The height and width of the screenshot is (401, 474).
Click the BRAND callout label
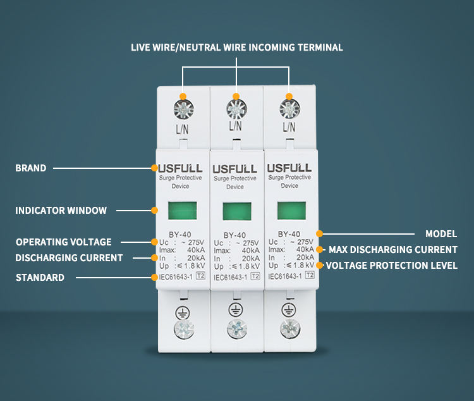pyautogui.click(x=31, y=168)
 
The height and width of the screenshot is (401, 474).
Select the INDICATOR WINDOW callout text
pyautogui.click(x=61, y=210)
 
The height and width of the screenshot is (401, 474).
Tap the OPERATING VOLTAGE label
pyautogui.click(x=63, y=242)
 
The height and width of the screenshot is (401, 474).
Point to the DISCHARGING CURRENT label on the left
pyautogui.click(x=69, y=257)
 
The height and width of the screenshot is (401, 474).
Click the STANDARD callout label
pyautogui.click(x=40, y=277)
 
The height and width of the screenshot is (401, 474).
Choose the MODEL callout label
pyautogui.click(x=441, y=234)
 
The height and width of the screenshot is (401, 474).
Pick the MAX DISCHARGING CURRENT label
pyautogui.click(x=392, y=250)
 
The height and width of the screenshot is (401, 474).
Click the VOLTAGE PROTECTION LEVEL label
pyautogui.click(x=391, y=266)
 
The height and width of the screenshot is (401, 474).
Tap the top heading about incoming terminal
pyautogui.click(x=237, y=47)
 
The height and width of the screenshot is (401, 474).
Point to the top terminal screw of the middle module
pyautogui.click(x=236, y=109)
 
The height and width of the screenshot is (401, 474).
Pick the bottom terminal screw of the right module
pyautogui.click(x=289, y=328)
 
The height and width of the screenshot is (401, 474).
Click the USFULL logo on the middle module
pyautogui.click(x=235, y=169)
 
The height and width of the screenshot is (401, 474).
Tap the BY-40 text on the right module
pyautogui.click(x=289, y=232)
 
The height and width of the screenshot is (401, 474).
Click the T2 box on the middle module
pyautogui.click(x=255, y=276)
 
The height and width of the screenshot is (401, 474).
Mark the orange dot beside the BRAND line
pyautogui.click(x=154, y=168)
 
